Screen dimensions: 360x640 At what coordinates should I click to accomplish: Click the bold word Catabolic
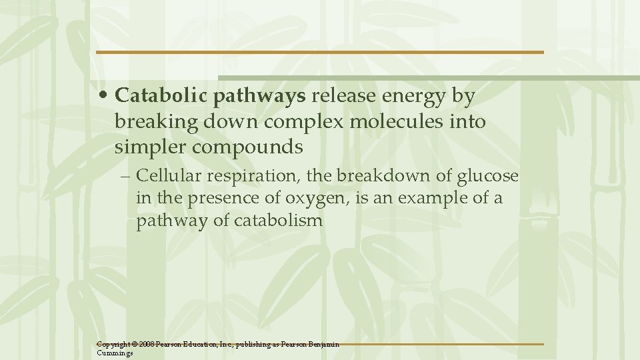click(162, 96)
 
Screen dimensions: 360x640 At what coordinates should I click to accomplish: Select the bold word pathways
click(260, 97)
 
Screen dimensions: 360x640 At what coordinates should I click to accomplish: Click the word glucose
click(489, 176)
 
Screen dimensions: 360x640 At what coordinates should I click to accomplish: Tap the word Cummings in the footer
click(115, 353)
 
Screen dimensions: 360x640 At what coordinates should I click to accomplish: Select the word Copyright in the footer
click(113, 345)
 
